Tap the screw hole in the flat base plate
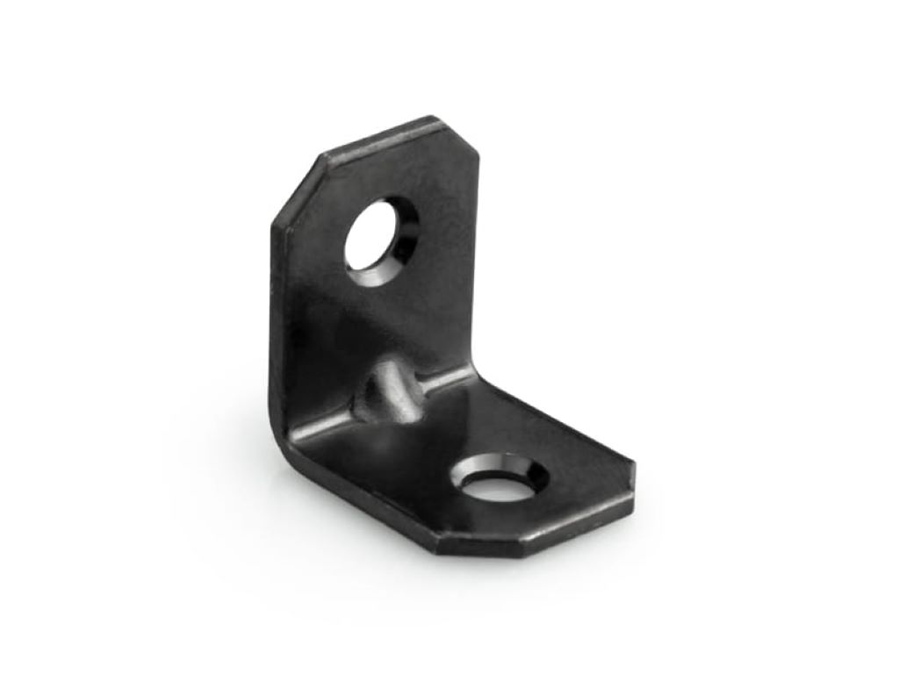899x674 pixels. (x=498, y=482)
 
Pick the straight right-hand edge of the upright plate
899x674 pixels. (x=478, y=263)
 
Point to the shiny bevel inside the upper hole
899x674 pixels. (x=404, y=241)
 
